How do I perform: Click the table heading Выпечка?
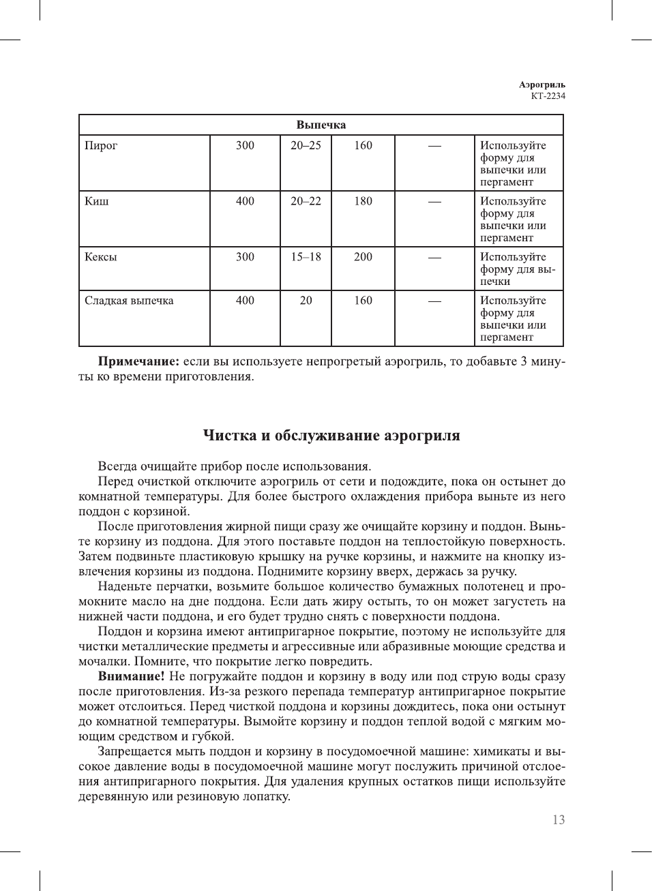pos(321,125)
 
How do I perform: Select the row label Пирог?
pos(101,145)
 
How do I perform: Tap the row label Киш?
pos(96,201)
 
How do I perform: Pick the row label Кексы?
pos(100,257)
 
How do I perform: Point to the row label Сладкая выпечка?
pos(129,301)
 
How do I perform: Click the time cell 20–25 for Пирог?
pos(306,145)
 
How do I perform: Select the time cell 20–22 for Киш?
pos(306,201)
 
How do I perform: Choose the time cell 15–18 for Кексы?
pos(306,257)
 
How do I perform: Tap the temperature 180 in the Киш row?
pos(363,201)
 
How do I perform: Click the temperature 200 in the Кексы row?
pos(363,257)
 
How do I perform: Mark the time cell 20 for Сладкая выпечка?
pos(306,301)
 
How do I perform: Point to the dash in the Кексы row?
pos(434,258)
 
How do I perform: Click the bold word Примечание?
pos(138,361)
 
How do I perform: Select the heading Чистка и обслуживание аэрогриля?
pos(331,436)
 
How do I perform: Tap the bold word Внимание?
pos(132,676)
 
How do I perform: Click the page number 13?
pos(559,820)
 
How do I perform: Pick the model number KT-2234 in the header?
pos(548,96)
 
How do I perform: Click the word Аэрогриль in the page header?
pos(542,85)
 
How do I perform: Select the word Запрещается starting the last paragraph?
pos(134,751)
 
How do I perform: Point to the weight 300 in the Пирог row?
pos(245,145)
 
